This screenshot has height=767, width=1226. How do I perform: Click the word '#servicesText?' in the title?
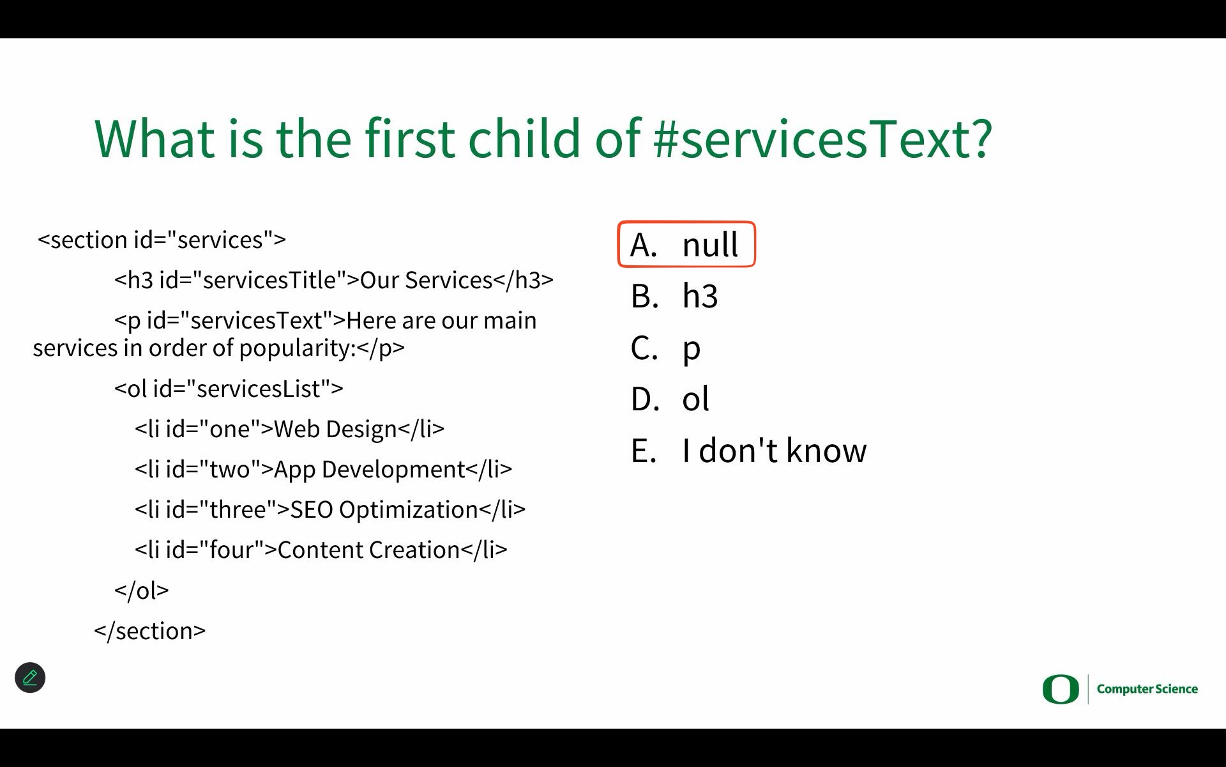tap(823, 138)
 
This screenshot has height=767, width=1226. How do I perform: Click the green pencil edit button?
tap(30, 678)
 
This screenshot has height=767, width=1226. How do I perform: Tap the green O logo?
tap(1061, 689)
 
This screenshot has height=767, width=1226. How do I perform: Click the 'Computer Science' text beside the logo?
tap(1147, 689)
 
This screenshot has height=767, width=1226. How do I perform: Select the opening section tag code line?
tap(162, 240)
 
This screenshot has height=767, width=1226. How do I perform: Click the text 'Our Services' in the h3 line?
tap(427, 280)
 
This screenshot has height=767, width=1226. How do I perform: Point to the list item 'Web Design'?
tap(335, 429)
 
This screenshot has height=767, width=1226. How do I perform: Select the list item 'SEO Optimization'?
tap(384, 509)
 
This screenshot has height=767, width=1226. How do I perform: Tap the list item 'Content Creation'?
tap(369, 550)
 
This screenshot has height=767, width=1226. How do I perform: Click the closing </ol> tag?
tap(142, 590)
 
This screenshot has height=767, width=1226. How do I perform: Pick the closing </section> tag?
tap(150, 631)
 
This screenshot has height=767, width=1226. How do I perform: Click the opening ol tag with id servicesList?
tap(229, 389)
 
